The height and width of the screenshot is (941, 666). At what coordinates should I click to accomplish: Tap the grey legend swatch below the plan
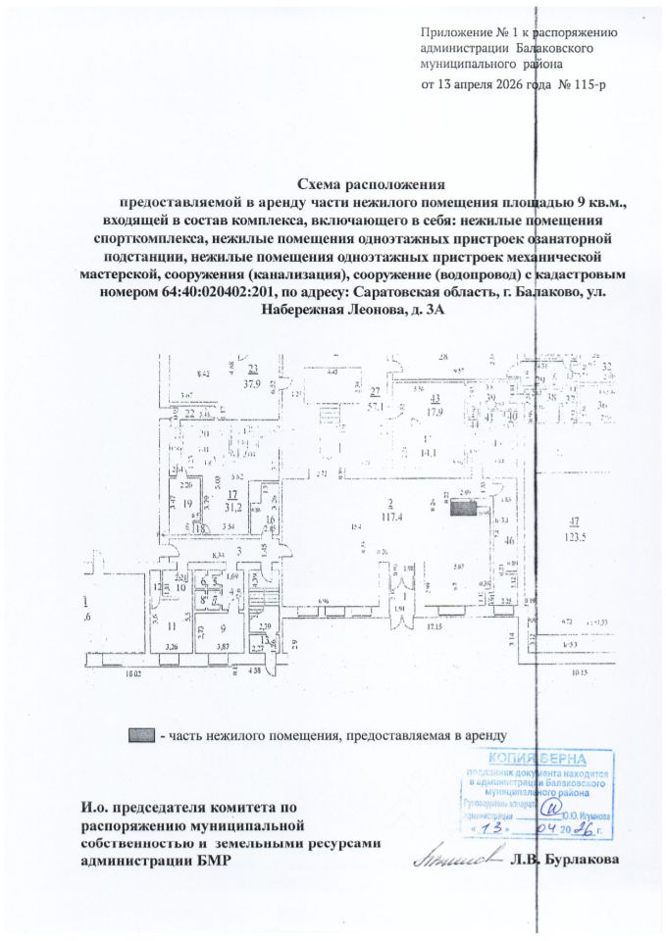pyautogui.click(x=142, y=734)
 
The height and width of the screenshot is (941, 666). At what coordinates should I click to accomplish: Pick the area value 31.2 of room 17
pyautogui.click(x=232, y=507)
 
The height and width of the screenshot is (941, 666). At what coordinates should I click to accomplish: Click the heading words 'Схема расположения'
pyautogui.click(x=370, y=183)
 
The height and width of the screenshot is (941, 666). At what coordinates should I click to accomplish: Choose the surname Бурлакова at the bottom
pyautogui.click(x=588, y=859)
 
